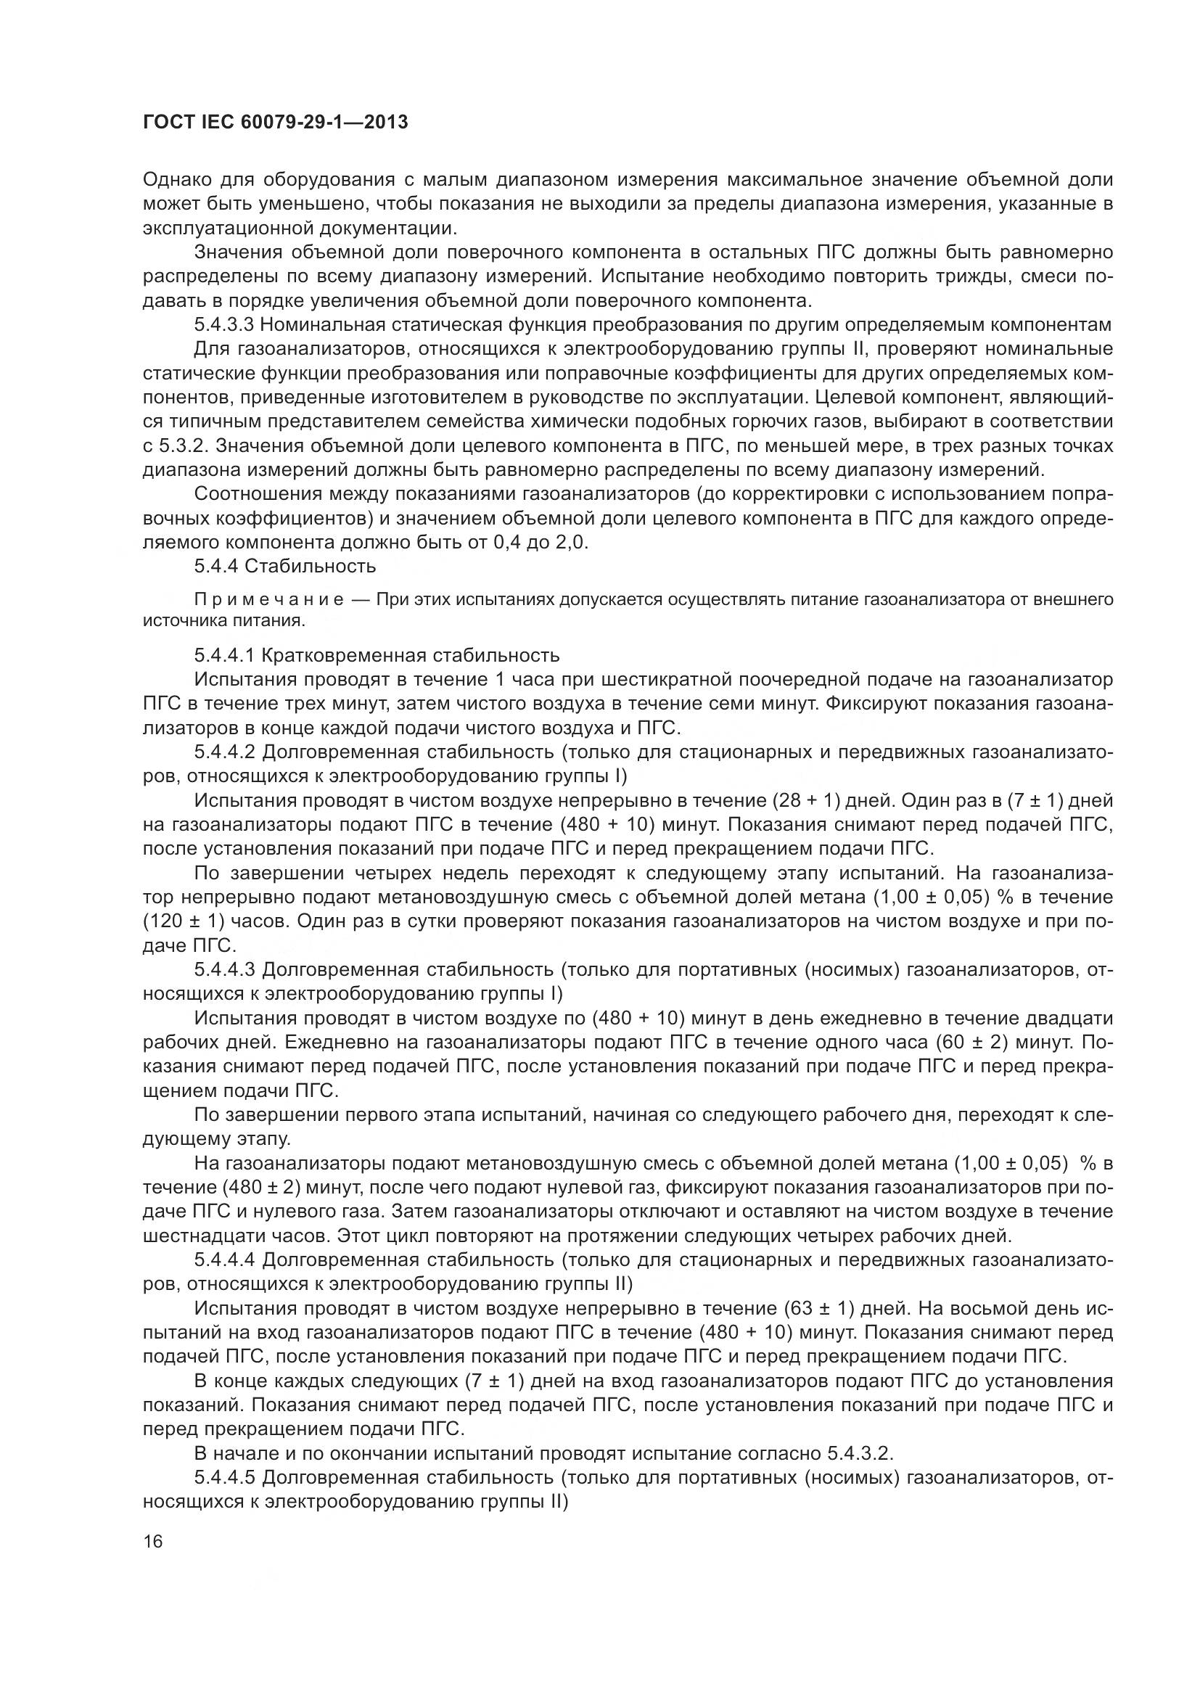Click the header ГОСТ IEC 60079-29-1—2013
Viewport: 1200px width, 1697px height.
275,122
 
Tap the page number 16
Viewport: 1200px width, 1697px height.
153,1541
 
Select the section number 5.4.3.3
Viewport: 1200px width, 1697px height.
225,324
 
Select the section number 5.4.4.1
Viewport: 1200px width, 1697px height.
225,656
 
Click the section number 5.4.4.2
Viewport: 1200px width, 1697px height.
225,752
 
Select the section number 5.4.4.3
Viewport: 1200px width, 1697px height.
225,970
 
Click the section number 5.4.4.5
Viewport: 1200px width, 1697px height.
225,1477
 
